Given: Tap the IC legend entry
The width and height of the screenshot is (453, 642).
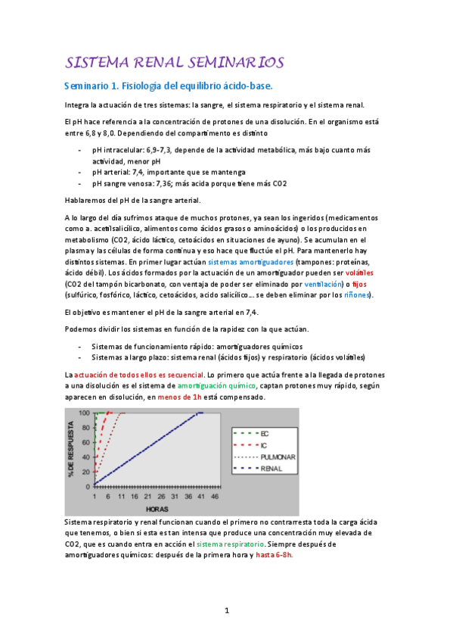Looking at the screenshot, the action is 264,446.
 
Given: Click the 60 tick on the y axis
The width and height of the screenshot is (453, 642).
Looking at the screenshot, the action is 85,441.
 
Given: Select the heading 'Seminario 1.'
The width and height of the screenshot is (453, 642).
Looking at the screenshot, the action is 95,86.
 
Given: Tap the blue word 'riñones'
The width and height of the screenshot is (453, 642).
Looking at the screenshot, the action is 358,295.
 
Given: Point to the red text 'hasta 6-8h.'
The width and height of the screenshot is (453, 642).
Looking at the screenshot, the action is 274,554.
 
